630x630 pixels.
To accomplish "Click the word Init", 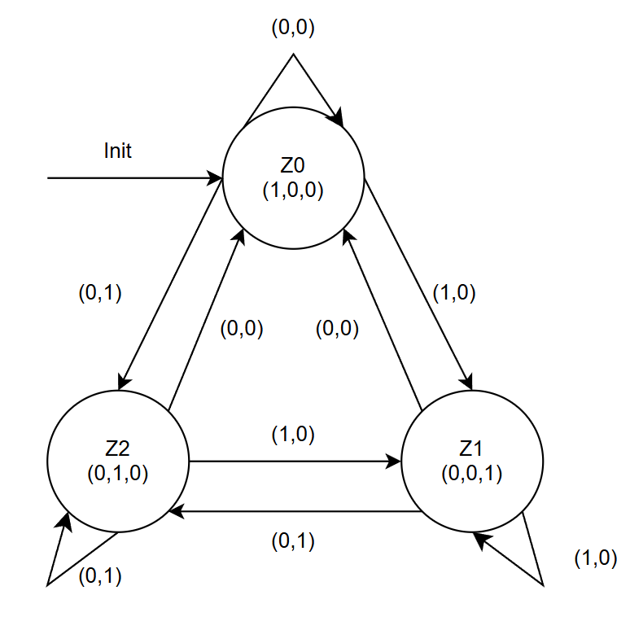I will pyautogui.click(x=118, y=151).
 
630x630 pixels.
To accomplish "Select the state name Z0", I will pyautogui.click(x=293, y=166).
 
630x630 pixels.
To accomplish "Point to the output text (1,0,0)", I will pyautogui.click(x=293, y=190).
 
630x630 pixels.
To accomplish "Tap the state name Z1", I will pyautogui.click(x=472, y=448).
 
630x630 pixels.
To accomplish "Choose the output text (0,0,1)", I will pyautogui.click(x=472, y=473).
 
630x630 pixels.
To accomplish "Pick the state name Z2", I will pyautogui.click(x=118, y=448).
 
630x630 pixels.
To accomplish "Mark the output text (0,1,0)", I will pyautogui.click(x=118, y=473).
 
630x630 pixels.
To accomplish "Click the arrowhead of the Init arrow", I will pyautogui.click(x=217, y=177).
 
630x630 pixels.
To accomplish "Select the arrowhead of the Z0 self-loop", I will pyautogui.click(x=338, y=121).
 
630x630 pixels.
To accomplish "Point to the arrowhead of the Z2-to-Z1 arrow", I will pyautogui.click(x=396, y=462).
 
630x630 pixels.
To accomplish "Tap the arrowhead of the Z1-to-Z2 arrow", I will pyautogui.click(x=175, y=511).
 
